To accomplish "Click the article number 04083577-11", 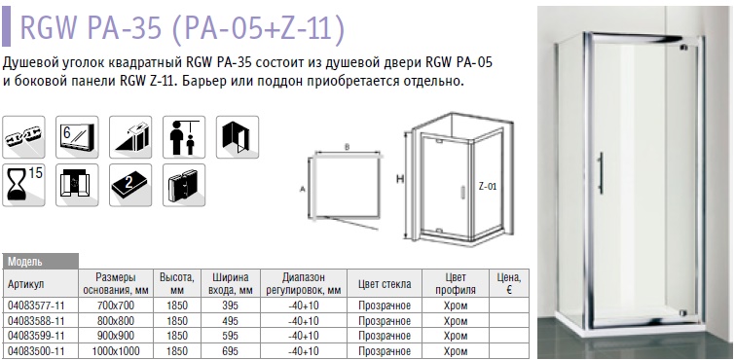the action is (x=36, y=306).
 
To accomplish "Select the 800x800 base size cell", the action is (x=115, y=321).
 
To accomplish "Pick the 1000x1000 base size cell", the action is (x=115, y=351).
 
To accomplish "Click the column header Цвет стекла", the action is (x=385, y=284).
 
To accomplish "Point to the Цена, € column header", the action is (x=509, y=284).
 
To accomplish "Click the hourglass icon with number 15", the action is (x=24, y=185).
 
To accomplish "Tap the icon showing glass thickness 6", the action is (x=77, y=137).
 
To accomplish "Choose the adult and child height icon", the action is (x=184, y=137).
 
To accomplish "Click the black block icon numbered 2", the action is (x=130, y=185).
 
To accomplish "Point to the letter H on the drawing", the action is (x=400, y=179).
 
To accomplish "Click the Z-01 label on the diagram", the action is (x=488, y=186).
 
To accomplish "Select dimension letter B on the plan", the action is (x=347, y=147).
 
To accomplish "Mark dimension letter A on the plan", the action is (x=303, y=189).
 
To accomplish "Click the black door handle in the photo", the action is (x=601, y=173).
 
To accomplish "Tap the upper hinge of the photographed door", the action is (x=683, y=47).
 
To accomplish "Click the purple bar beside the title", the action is (x=6, y=27).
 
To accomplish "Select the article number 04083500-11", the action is (x=36, y=351).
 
